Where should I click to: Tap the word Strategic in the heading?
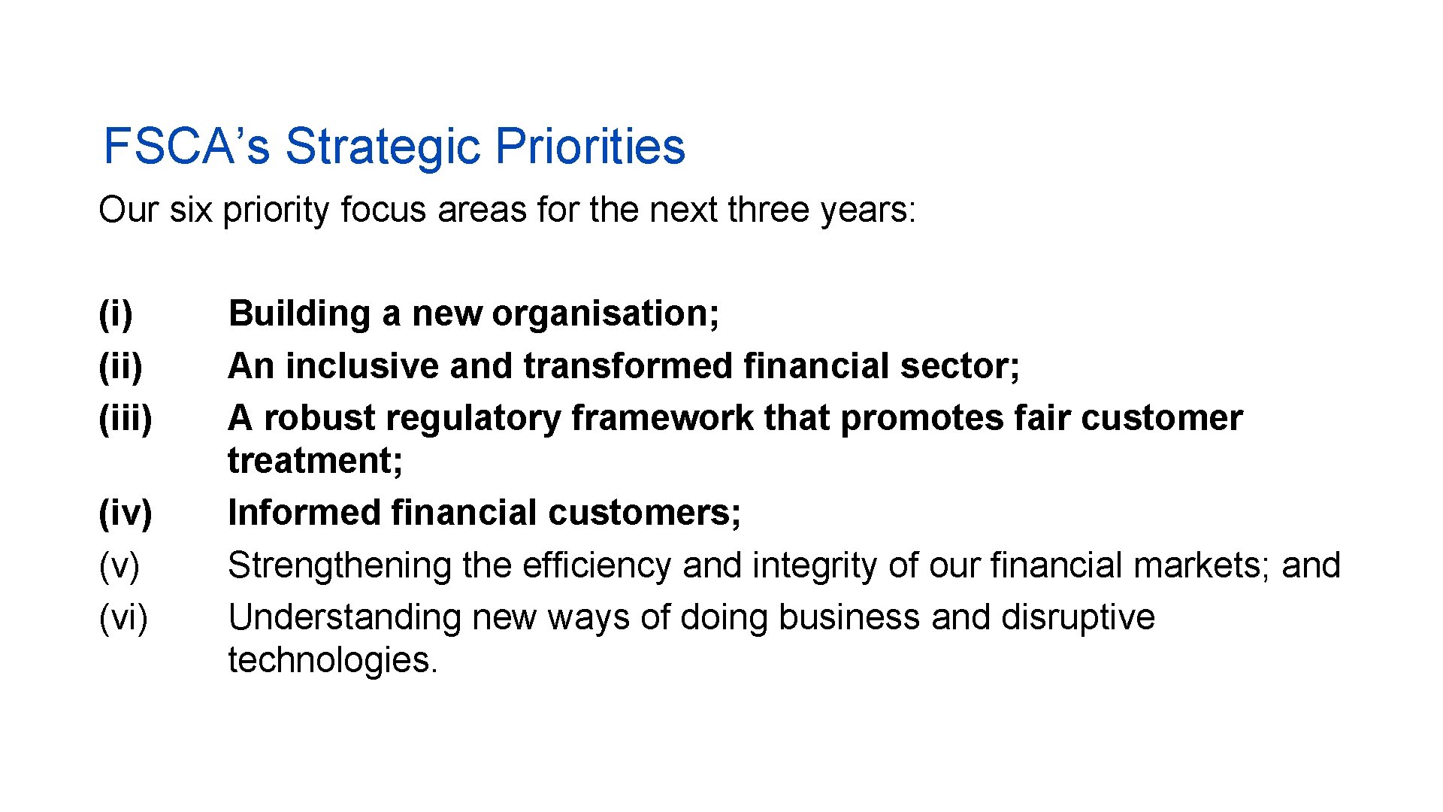382,146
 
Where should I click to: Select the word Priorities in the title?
590,146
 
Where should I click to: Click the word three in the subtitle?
769,210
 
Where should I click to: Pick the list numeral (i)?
116,314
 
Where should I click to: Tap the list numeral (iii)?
126,418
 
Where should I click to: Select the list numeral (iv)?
126,514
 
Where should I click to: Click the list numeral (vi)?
124,618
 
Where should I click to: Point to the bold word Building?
299,314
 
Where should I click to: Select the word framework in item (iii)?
662,418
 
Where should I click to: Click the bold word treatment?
315,461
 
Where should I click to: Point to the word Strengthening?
340,566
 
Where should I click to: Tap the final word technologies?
332,660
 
